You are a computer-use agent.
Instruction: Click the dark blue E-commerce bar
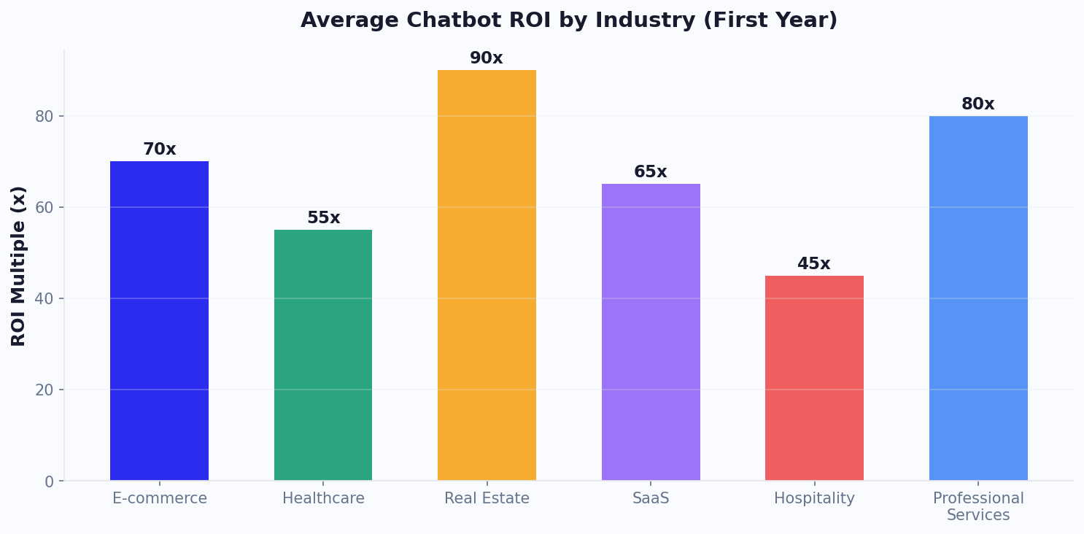(159, 321)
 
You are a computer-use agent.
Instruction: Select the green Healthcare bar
(323, 355)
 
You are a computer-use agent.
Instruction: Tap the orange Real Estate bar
(487, 275)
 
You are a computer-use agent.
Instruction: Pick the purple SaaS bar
(651, 332)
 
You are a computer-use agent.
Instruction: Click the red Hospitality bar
(814, 378)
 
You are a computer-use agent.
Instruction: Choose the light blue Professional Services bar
(978, 298)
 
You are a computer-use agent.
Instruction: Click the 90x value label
(487, 58)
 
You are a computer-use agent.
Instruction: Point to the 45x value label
(814, 264)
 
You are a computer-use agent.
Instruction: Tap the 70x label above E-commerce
(159, 150)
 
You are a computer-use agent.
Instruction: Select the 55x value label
(323, 218)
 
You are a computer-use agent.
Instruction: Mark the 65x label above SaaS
(651, 172)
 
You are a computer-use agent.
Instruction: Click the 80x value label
(978, 104)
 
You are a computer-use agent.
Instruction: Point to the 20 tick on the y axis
(44, 390)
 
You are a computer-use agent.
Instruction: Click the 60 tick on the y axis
(44, 207)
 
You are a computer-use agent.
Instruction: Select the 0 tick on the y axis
(49, 481)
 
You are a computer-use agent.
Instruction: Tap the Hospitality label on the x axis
(814, 499)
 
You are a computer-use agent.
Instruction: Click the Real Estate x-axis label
(487, 499)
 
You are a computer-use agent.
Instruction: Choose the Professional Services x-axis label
(978, 507)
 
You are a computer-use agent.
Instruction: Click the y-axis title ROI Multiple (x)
(19, 266)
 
